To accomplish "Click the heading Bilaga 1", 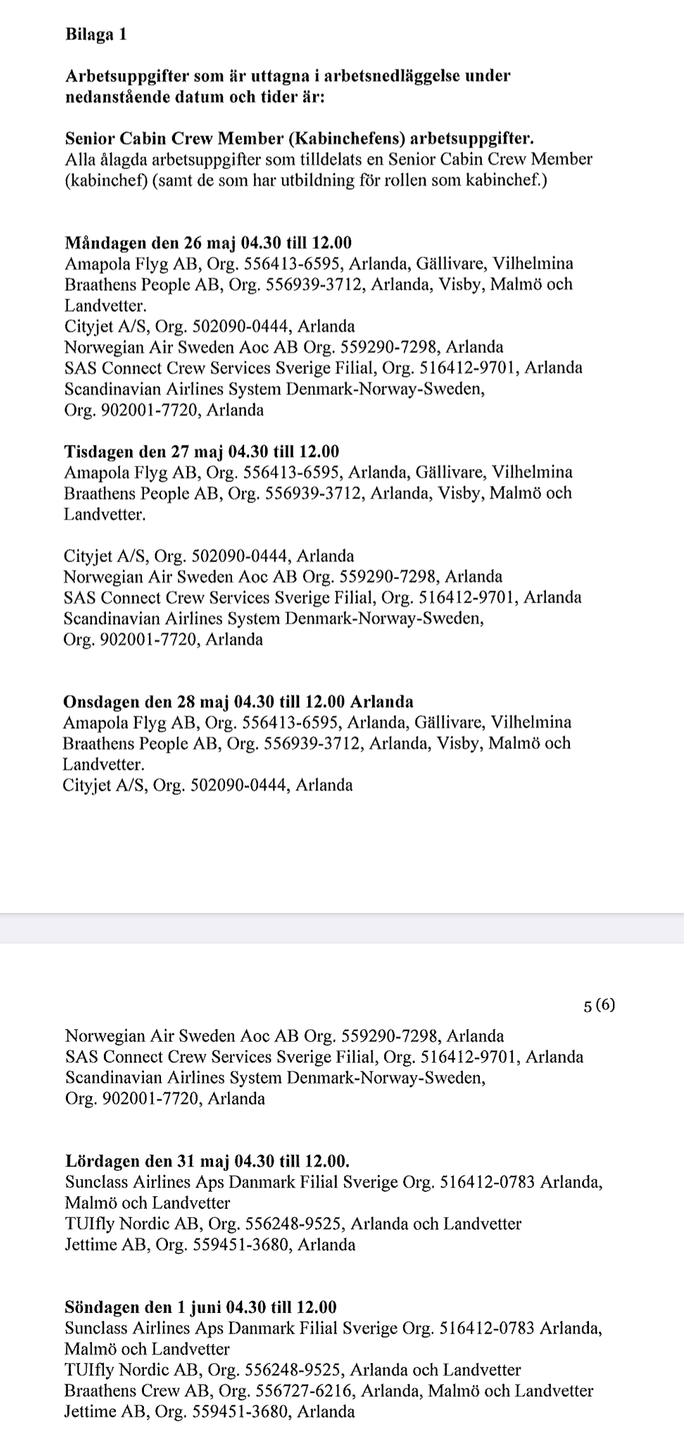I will pyautogui.click(x=96, y=35).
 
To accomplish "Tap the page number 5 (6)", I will pyautogui.click(x=599, y=1006).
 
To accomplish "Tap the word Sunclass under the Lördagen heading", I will pyautogui.click(x=96, y=1182).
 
